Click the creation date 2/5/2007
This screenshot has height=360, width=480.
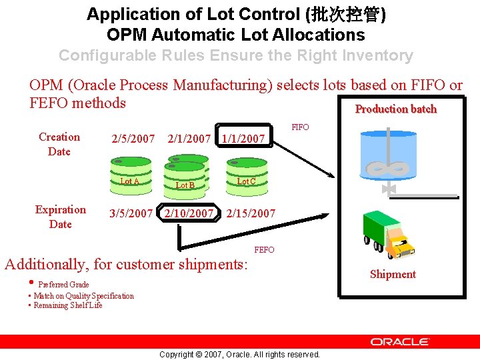click(x=133, y=139)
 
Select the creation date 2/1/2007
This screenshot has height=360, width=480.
click(x=189, y=139)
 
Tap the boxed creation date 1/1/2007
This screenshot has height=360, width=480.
click(x=243, y=139)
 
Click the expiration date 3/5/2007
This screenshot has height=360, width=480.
click(x=131, y=214)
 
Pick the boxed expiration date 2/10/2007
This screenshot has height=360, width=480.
click(x=189, y=214)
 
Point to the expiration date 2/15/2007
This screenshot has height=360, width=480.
click(x=251, y=214)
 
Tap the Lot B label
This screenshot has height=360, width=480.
click(x=185, y=185)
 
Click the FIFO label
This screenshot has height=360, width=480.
click(x=300, y=127)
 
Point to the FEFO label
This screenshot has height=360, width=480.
click(x=264, y=249)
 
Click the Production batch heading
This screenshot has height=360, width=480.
click(x=395, y=109)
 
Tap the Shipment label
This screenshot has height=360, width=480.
click(x=393, y=274)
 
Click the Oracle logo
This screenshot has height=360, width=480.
click(x=400, y=341)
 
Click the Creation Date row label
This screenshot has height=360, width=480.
click(x=59, y=144)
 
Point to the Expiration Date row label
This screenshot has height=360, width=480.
click(x=61, y=217)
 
